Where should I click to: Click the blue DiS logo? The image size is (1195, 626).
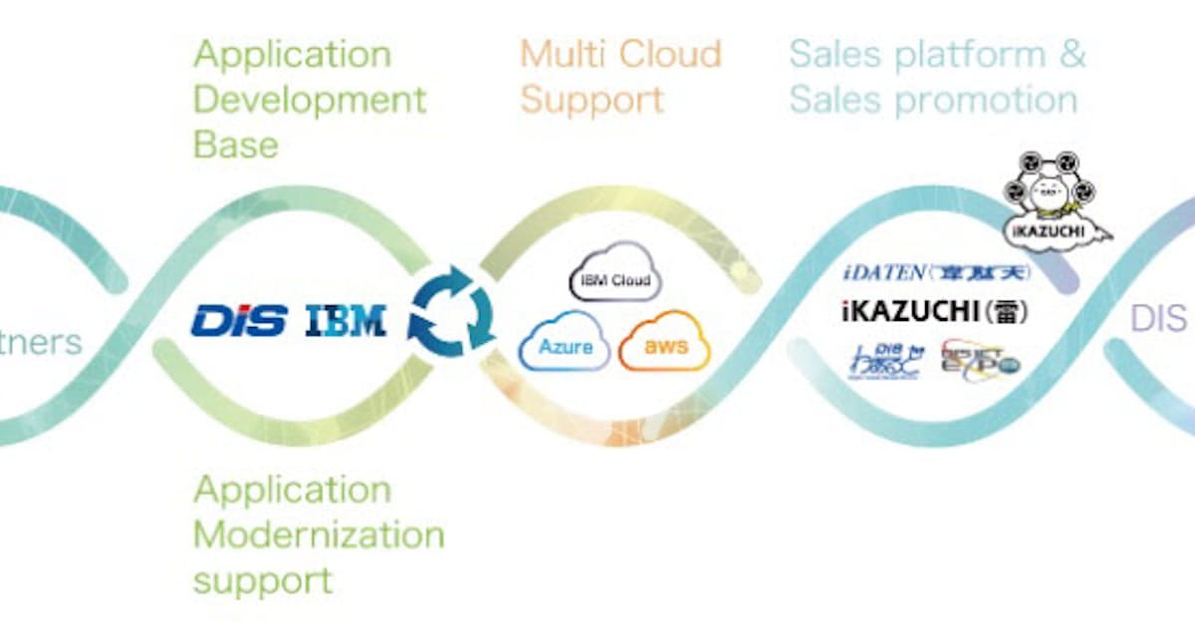pyautogui.click(x=239, y=321)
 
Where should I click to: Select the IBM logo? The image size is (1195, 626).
pyautogui.click(x=345, y=321)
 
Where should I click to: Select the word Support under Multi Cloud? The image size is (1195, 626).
pyautogui.click(x=591, y=100)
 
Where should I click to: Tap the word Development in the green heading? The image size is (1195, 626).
pyautogui.click(x=310, y=100)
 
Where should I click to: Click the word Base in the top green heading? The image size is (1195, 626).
pyautogui.click(x=235, y=145)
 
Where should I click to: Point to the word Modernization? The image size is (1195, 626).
pyautogui.click(x=319, y=534)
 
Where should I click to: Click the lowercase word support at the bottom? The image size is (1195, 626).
pyautogui.click(x=262, y=580)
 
